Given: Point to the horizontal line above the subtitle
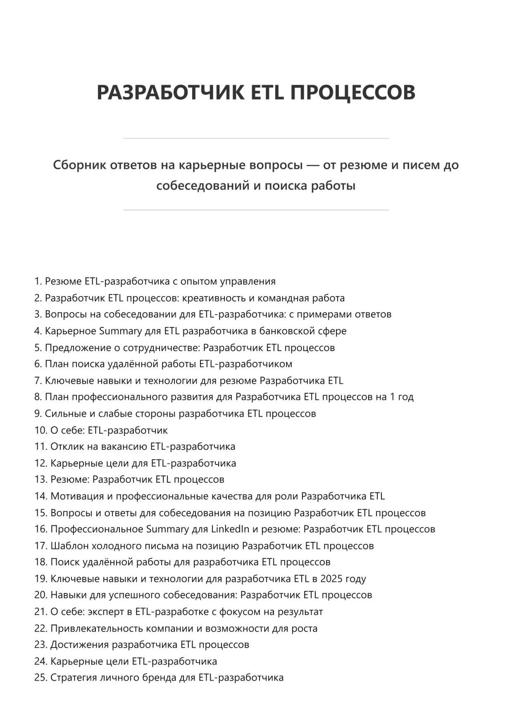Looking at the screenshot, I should [x=256, y=138].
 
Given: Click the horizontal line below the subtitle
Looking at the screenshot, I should [x=256, y=210].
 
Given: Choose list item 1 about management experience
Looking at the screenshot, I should [x=160, y=281].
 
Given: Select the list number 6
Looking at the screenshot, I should [x=38, y=364].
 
